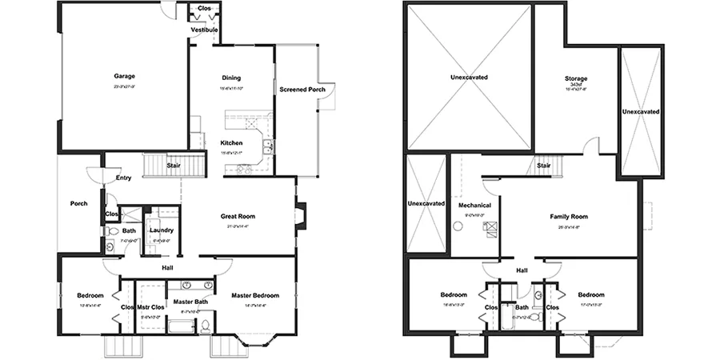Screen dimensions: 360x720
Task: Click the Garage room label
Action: (x=124, y=78)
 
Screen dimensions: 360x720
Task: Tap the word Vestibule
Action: (x=203, y=30)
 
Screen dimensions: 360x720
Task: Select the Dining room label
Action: (x=231, y=78)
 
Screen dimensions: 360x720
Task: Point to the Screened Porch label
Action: (x=302, y=89)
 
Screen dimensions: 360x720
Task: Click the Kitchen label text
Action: (x=231, y=143)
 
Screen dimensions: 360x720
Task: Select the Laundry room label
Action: (x=162, y=230)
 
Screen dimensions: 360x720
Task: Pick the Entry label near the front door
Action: (x=123, y=178)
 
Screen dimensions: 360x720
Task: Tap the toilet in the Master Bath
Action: (x=206, y=326)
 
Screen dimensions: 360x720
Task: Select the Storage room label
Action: (x=576, y=78)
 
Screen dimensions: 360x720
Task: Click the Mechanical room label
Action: (x=474, y=206)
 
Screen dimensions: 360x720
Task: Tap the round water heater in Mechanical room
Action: (x=458, y=226)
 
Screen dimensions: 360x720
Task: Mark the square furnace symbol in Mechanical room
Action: (x=487, y=228)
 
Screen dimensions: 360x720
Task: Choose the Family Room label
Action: (x=569, y=217)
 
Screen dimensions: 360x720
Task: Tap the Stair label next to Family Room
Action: (x=544, y=166)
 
